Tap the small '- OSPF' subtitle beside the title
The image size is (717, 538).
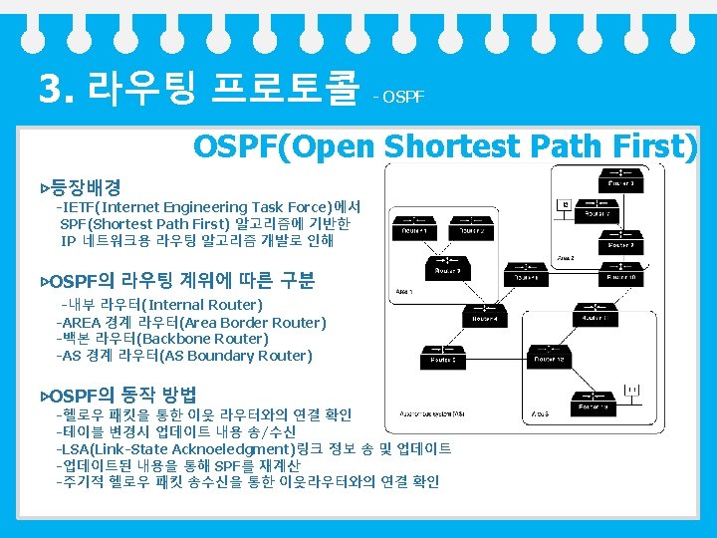click(399, 97)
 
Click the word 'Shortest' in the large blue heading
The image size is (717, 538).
click(448, 147)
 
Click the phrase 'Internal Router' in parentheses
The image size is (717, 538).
click(204, 305)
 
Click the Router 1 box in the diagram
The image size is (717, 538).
click(415, 231)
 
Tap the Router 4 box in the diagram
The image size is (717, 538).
click(487, 319)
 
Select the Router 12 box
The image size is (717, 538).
click(553, 359)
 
